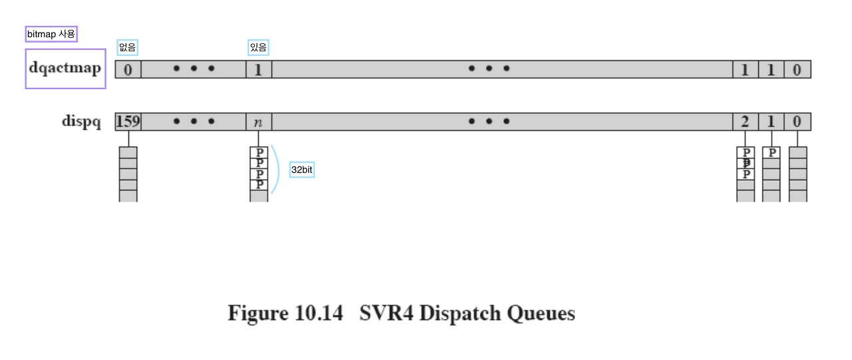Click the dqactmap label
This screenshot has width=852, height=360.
pyautogui.click(x=65, y=68)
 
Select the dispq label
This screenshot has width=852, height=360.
pyautogui.click(x=81, y=121)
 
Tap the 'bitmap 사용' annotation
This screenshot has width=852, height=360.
pyautogui.click(x=51, y=34)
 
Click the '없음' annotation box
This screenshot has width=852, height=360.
pyautogui.click(x=127, y=47)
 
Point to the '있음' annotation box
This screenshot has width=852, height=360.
pyautogui.click(x=258, y=47)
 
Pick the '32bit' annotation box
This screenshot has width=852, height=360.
pyautogui.click(x=302, y=170)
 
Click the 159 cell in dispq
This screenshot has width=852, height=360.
pyautogui.click(x=128, y=121)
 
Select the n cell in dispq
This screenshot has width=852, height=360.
pyautogui.click(x=258, y=122)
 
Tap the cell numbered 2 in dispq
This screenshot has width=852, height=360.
pyautogui.click(x=745, y=121)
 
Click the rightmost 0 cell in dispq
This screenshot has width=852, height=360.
pyautogui.click(x=797, y=121)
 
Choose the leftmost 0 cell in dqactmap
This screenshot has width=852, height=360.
pyautogui.click(x=128, y=69)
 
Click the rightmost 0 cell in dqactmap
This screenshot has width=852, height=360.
pyautogui.click(x=797, y=69)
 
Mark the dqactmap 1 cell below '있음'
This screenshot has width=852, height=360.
pyautogui.click(x=258, y=69)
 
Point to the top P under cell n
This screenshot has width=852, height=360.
pyautogui.click(x=259, y=152)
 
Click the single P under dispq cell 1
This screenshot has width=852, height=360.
pyautogui.click(x=771, y=152)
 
